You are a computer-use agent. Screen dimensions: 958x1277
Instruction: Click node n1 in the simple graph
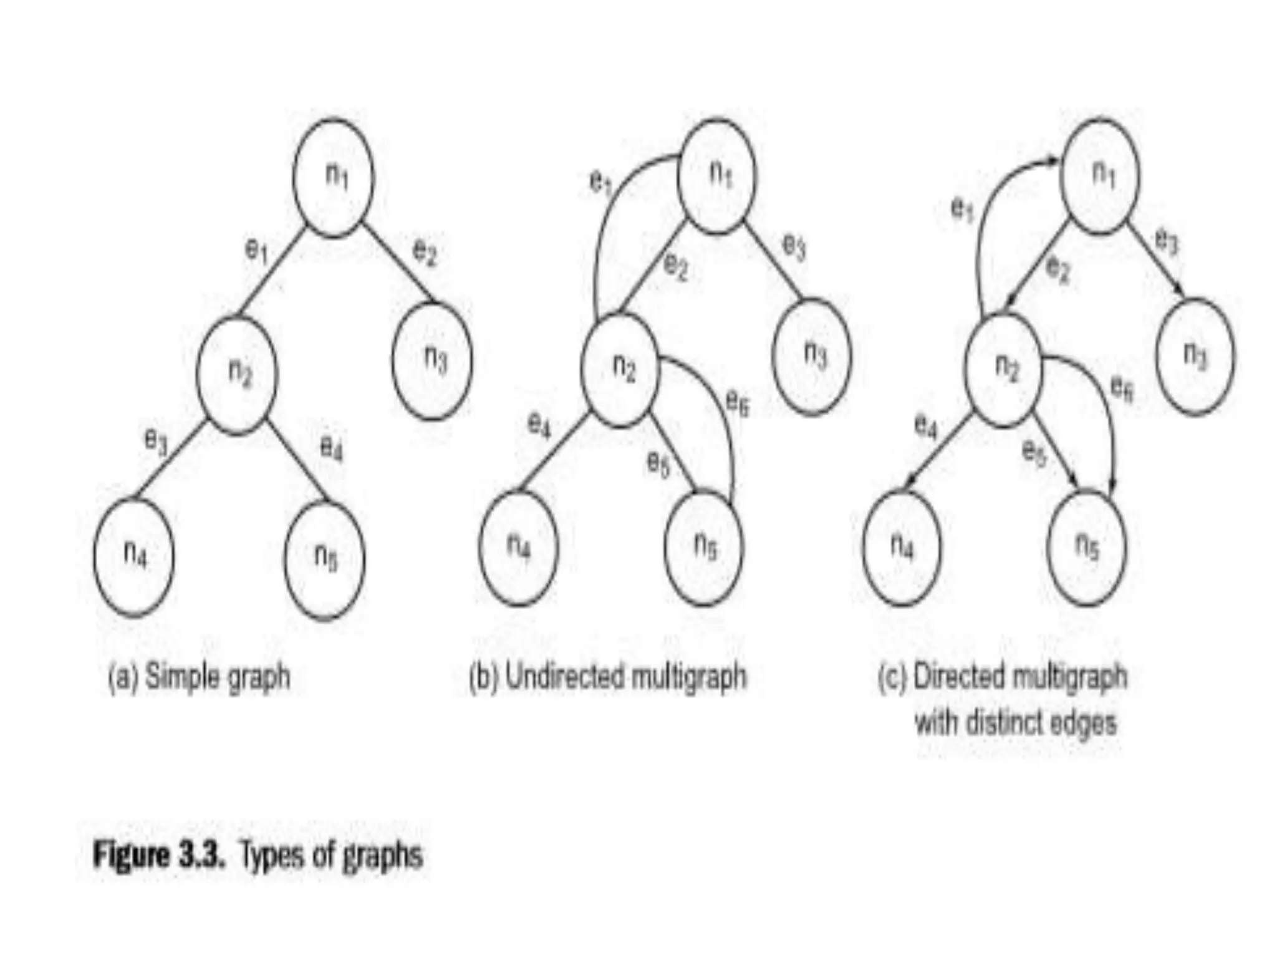pos(334,178)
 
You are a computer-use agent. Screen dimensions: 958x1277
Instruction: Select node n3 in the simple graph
pos(432,360)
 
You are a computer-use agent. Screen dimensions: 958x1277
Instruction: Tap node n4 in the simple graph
pos(133,557)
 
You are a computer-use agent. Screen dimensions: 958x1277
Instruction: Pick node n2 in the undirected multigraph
pos(619,370)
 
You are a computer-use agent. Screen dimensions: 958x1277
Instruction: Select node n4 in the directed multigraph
pos(902,548)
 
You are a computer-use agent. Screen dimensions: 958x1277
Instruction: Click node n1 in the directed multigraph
pos(1100,177)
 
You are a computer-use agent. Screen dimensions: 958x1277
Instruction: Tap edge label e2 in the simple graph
pos(425,253)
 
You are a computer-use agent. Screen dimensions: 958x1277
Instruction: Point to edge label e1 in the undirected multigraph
pos(601,182)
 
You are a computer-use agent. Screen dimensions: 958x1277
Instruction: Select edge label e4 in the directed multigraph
pos(926,427)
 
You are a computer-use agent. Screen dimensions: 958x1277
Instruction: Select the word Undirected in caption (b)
pos(564,676)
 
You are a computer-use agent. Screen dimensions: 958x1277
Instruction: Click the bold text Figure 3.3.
pos(158,854)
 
